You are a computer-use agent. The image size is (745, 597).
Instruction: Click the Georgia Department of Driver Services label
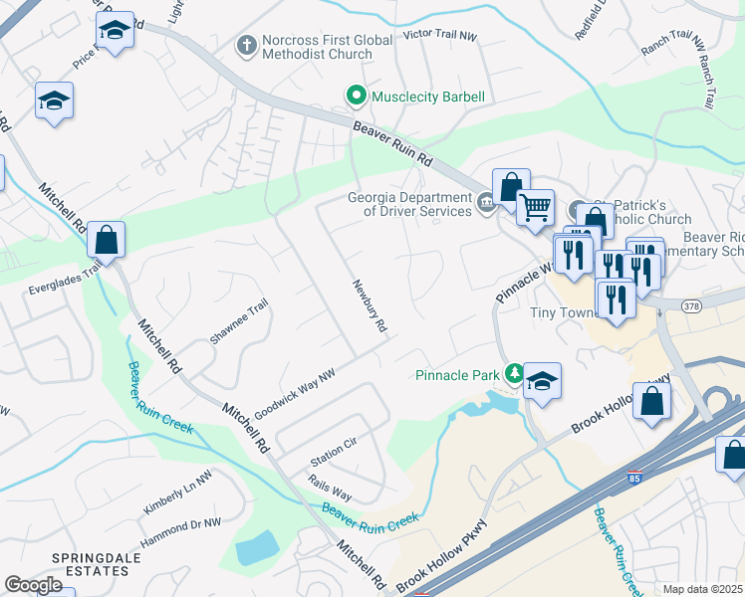(409, 204)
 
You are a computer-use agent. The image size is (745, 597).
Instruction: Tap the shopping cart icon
(536, 207)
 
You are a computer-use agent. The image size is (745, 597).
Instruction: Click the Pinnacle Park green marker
(514, 374)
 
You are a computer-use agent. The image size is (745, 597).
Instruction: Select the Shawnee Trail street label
(239, 321)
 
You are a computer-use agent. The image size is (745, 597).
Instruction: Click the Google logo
(34, 585)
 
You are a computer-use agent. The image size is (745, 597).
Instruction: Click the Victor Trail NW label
(440, 35)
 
